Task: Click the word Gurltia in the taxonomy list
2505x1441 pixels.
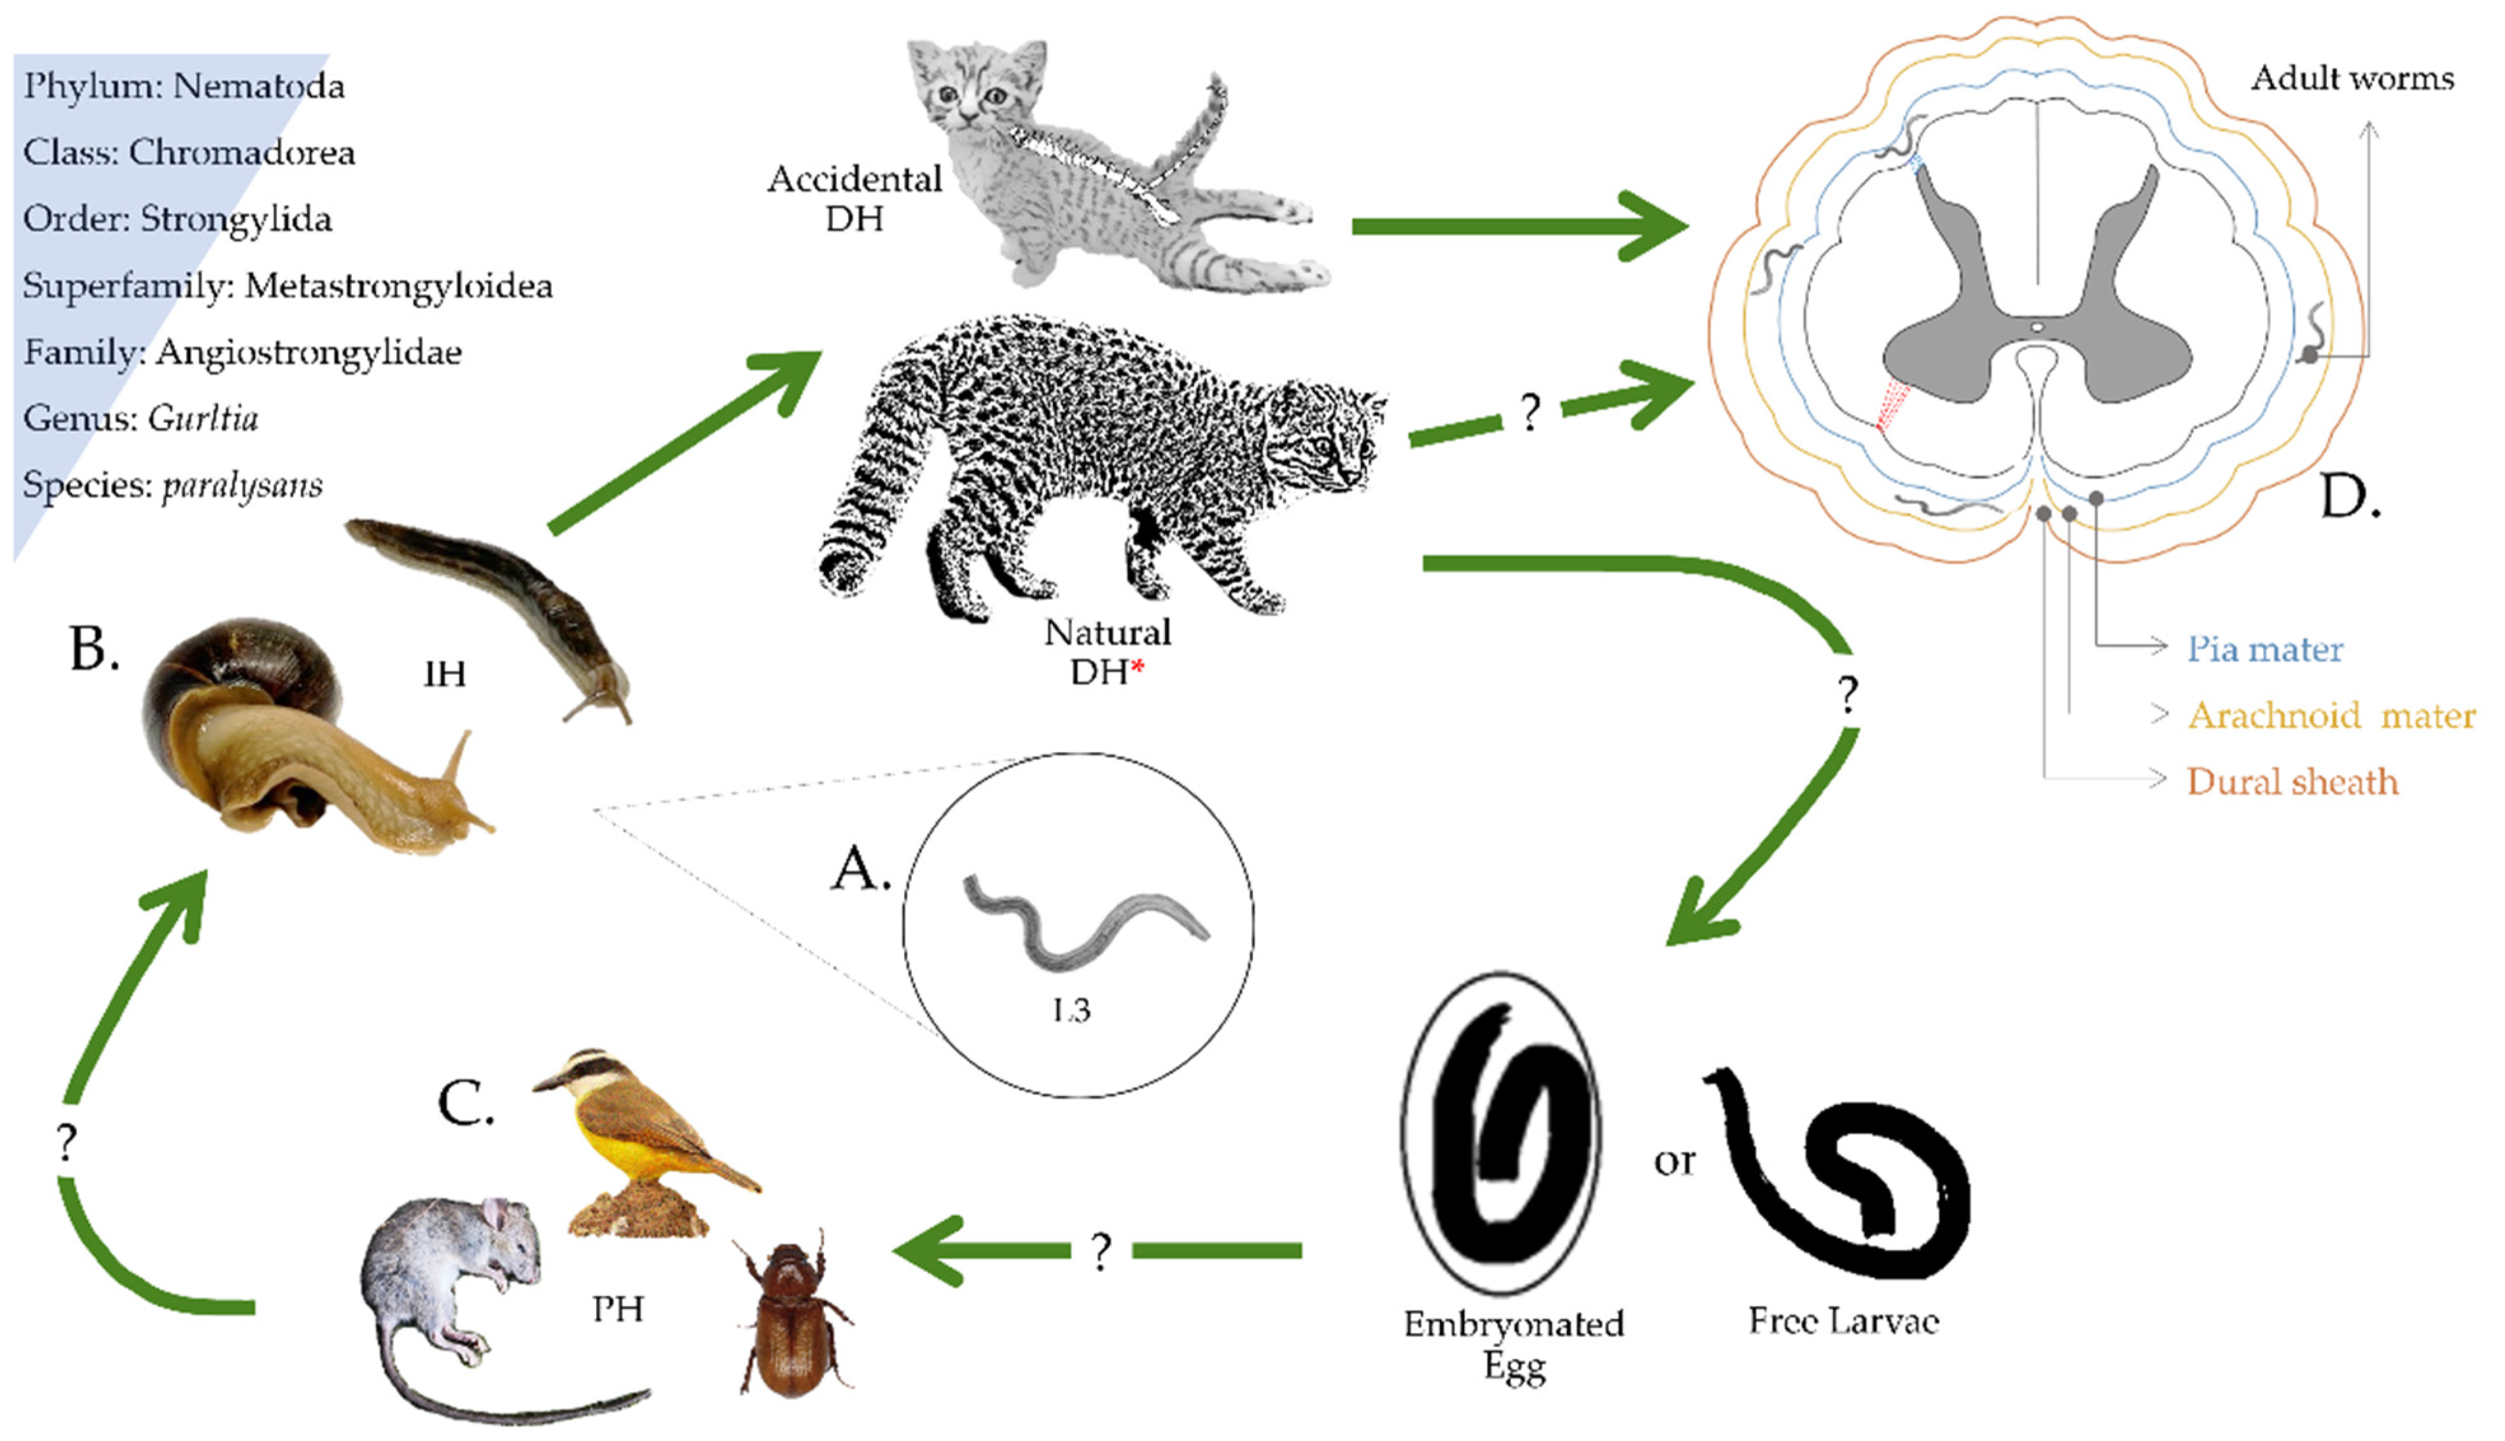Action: point(203,419)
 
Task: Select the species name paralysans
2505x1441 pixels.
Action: point(242,485)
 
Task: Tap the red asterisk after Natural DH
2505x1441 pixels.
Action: point(1138,668)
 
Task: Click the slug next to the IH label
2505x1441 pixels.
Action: point(495,594)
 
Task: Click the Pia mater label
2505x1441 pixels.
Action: point(2264,649)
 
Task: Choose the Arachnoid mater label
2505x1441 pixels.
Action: point(2331,714)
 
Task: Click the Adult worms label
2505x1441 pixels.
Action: point(2352,78)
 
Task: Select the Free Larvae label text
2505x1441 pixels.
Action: point(1843,1321)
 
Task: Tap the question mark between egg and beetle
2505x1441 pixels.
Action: point(1101,1252)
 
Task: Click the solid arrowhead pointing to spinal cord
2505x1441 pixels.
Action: point(1653,226)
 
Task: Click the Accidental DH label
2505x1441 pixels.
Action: point(854,198)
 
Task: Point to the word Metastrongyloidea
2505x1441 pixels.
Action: point(398,286)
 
